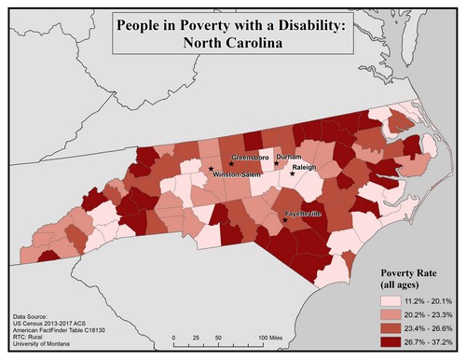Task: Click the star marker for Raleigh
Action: [292, 174]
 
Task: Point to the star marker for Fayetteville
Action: [285, 220]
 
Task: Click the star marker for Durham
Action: [276, 164]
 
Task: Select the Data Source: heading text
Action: [34, 317]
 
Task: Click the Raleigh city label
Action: [306, 167]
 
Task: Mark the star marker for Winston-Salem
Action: [211, 170]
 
